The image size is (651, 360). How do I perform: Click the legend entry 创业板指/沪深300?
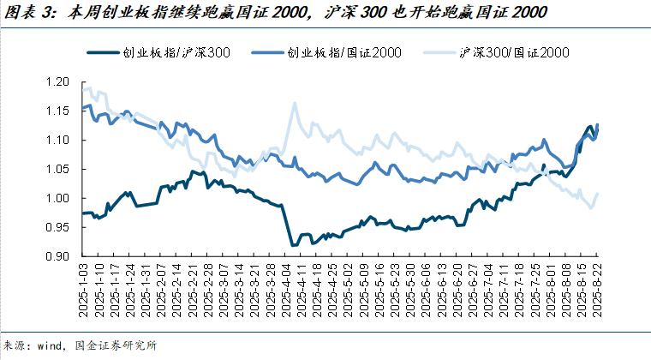[158, 53]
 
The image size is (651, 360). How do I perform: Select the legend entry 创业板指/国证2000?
[325, 53]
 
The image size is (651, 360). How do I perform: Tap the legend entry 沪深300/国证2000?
[496, 53]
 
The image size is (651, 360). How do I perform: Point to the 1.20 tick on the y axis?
[57, 81]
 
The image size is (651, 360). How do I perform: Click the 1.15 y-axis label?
[57, 111]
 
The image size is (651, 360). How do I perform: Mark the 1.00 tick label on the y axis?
[57, 198]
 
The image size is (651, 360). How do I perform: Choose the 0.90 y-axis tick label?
[57, 256]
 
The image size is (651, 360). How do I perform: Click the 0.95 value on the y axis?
[57, 227]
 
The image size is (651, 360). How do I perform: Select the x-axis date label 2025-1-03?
[83, 290]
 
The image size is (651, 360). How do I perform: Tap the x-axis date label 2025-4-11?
[301, 290]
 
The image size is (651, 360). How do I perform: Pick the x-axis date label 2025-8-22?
[597, 290]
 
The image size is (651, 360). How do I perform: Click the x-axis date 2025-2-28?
[207, 290]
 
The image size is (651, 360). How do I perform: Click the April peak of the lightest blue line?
[295, 103]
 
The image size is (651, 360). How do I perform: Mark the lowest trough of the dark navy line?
[293, 245]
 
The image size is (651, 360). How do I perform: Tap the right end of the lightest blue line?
[597, 194]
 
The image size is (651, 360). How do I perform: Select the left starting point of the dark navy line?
[83, 213]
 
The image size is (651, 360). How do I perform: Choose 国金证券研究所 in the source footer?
[116, 345]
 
